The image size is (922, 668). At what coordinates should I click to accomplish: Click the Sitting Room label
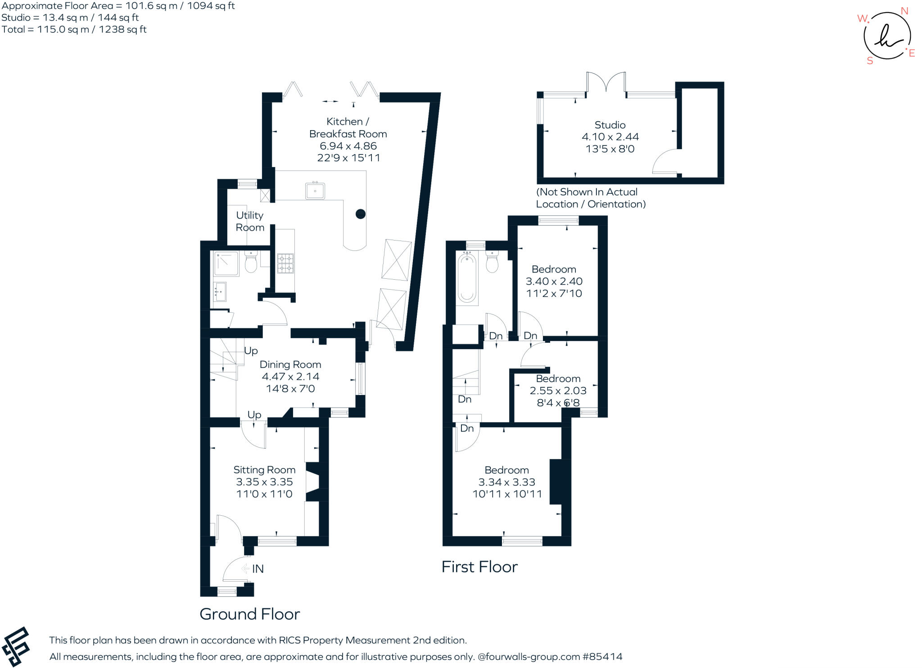pos(264,470)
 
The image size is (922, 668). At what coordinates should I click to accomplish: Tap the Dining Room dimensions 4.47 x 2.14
pos(290,377)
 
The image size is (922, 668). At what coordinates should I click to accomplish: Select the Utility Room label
pos(250,221)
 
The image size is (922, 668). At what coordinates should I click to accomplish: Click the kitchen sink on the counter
pos(315,191)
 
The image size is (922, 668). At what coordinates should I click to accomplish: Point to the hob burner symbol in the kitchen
pos(285,264)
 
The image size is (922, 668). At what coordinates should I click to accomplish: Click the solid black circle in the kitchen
pos(360,214)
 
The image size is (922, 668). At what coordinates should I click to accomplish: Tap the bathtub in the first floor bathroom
pos(467,277)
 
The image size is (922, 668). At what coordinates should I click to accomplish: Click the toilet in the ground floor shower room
pos(251,263)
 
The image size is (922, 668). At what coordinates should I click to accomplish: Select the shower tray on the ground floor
pos(226,264)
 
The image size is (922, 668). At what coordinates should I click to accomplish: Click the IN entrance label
pos(258,569)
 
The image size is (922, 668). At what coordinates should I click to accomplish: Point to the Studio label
pos(610,125)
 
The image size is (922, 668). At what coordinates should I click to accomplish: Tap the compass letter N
pos(904,11)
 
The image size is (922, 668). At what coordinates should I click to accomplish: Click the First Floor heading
pos(479,567)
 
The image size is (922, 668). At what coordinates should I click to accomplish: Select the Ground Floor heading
pos(249,614)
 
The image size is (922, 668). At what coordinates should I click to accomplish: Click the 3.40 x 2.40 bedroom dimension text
pos(554,282)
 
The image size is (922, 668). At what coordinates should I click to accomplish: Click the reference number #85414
pos(602,657)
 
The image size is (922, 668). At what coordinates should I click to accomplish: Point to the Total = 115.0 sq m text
pos(74,30)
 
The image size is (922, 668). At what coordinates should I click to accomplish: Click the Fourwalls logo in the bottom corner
pos(16,646)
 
